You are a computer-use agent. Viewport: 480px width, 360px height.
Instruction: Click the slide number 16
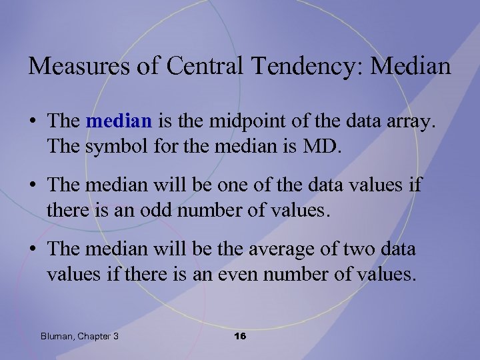click(240, 336)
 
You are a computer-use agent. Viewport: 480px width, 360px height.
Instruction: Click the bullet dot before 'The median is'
click(33, 120)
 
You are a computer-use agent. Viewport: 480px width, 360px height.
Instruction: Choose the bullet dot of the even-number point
click(33, 250)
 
